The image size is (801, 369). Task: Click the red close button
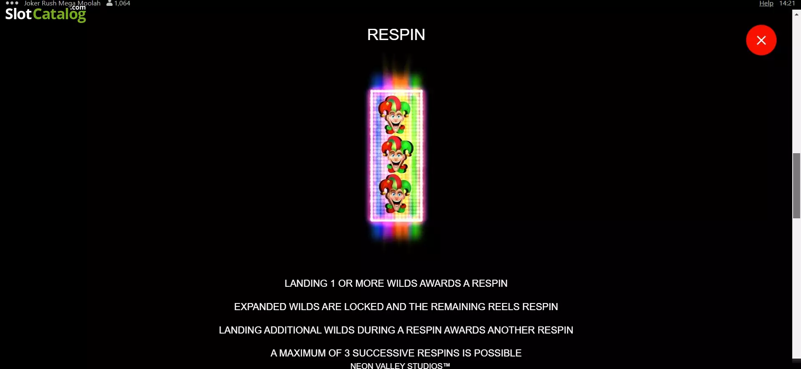[x=761, y=40]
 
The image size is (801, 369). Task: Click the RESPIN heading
[x=396, y=35]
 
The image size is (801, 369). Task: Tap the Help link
[x=766, y=3]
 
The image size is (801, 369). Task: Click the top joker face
[x=394, y=114]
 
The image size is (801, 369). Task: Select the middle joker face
[x=397, y=154]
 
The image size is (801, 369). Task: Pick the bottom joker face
[x=395, y=193]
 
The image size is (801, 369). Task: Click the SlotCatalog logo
[x=45, y=14]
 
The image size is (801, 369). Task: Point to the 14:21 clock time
[x=787, y=3]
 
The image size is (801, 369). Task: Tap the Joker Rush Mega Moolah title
[x=62, y=3]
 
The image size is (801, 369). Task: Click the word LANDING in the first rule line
[x=306, y=283]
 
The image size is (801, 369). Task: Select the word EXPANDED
[x=260, y=307]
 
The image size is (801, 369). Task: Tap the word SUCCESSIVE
[x=383, y=353]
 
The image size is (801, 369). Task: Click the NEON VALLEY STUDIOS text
[x=400, y=366]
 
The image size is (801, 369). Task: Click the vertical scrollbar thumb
[x=796, y=186]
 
